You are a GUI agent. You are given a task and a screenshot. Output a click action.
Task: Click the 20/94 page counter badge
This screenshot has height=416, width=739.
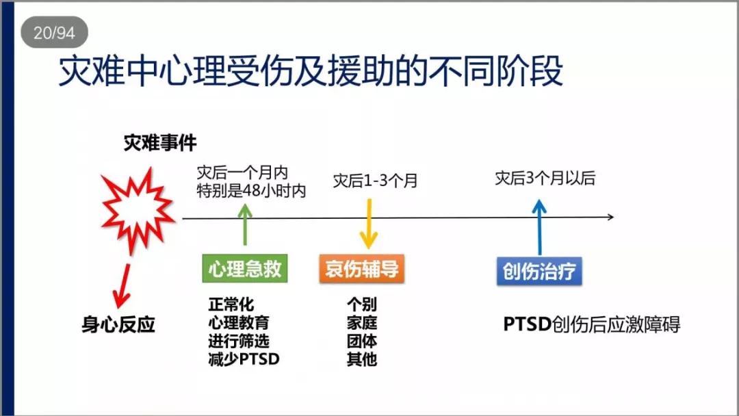(x=54, y=32)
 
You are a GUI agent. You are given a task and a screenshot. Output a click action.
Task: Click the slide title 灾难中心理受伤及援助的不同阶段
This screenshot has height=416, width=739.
(x=311, y=71)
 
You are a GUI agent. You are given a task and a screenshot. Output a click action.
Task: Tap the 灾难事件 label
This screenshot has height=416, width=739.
(x=160, y=143)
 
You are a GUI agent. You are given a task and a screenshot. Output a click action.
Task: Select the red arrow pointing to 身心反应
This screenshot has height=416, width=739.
(x=122, y=286)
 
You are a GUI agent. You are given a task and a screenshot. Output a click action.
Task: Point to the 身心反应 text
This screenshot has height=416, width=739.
(x=118, y=324)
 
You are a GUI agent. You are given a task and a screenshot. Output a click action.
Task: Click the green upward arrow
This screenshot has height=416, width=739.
(x=244, y=224)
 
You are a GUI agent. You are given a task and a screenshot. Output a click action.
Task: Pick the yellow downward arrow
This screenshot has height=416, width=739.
(x=369, y=224)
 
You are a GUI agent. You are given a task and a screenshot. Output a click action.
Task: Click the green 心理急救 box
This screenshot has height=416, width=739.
(x=244, y=268)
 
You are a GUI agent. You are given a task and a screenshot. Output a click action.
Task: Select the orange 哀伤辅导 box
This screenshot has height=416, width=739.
(x=361, y=268)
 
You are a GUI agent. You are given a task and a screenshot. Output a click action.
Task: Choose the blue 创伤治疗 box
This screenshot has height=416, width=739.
(x=539, y=271)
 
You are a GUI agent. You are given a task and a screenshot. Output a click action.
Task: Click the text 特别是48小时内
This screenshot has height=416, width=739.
(x=251, y=191)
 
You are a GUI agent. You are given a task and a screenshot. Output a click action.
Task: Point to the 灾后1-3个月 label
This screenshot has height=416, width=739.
(x=375, y=180)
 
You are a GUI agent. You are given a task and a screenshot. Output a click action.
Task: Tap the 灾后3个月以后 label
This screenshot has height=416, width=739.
(x=545, y=178)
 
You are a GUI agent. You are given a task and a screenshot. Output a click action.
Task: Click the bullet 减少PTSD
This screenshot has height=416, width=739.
(x=244, y=359)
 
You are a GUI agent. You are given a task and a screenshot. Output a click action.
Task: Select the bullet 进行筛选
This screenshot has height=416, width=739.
(x=239, y=341)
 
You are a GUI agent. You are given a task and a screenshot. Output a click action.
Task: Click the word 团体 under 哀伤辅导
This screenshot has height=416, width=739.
(x=361, y=341)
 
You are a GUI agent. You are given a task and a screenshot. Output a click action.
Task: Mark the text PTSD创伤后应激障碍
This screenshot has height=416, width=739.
(x=591, y=324)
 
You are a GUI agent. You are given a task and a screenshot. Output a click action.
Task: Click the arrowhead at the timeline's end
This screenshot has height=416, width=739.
(x=611, y=217)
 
